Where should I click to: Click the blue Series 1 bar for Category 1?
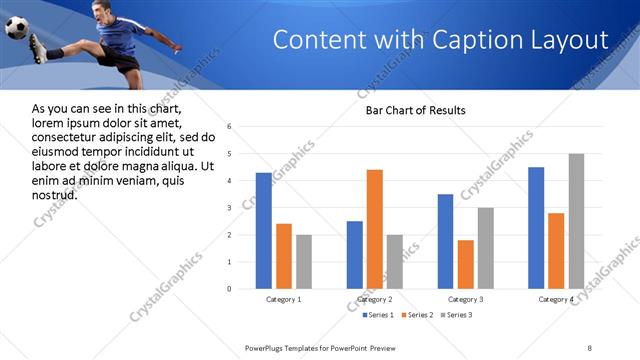click(x=263, y=231)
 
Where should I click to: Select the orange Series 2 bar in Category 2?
click(x=375, y=229)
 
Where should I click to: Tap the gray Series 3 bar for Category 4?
click(x=576, y=221)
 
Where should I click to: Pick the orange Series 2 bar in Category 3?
click(x=465, y=264)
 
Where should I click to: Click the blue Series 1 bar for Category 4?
click(x=536, y=228)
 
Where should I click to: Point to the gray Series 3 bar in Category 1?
click(x=303, y=262)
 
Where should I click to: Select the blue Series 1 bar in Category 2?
click(x=355, y=255)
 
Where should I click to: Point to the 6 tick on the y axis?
click(x=230, y=127)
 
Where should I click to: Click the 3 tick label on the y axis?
click(x=230, y=208)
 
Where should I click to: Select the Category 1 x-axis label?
click(x=283, y=299)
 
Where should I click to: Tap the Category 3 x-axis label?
click(x=465, y=299)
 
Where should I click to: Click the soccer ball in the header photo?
click(x=17, y=28)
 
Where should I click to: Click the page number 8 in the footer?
click(x=590, y=347)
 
